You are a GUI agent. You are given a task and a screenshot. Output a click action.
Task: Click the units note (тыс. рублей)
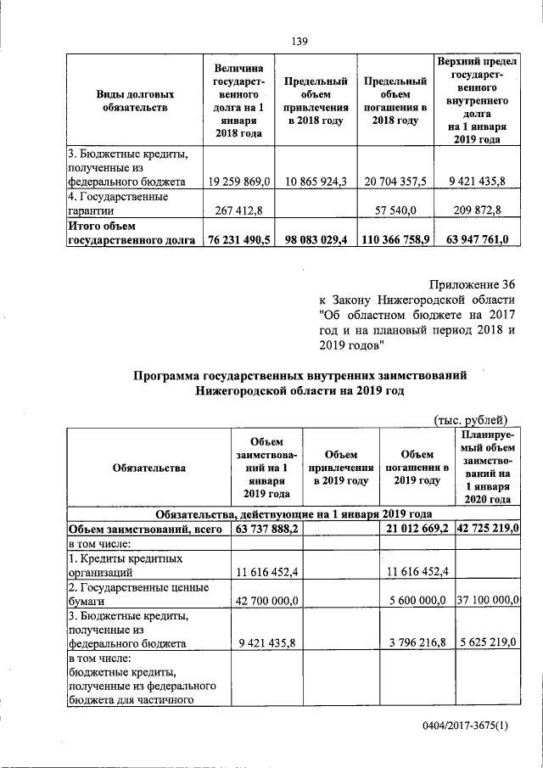coord(471,418)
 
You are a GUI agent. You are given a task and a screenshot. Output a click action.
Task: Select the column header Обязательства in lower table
coord(147,468)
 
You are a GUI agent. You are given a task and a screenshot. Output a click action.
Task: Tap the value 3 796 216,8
coord(414,643)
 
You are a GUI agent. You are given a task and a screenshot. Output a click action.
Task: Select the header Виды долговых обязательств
coord(132,100)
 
